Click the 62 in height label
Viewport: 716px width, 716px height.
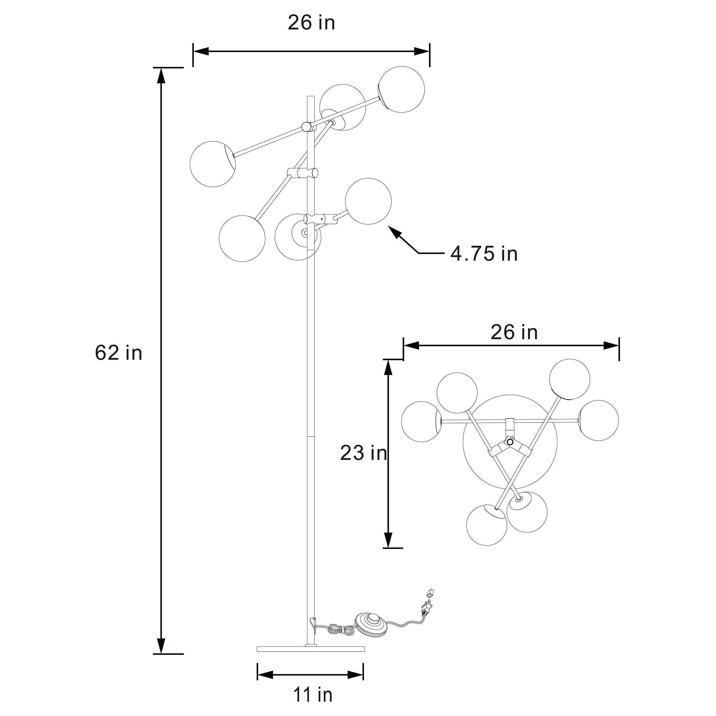[119, 353]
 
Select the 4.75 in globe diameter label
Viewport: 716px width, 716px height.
[484, 254]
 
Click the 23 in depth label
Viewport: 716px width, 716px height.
[363, 453]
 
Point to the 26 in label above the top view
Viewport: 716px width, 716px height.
[514, 332]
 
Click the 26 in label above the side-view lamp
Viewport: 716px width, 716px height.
[311, 23]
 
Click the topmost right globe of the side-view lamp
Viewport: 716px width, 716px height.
[401, 89]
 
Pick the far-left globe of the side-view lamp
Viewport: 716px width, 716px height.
[212, 164]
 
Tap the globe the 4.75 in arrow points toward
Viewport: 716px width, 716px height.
[368, 201]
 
